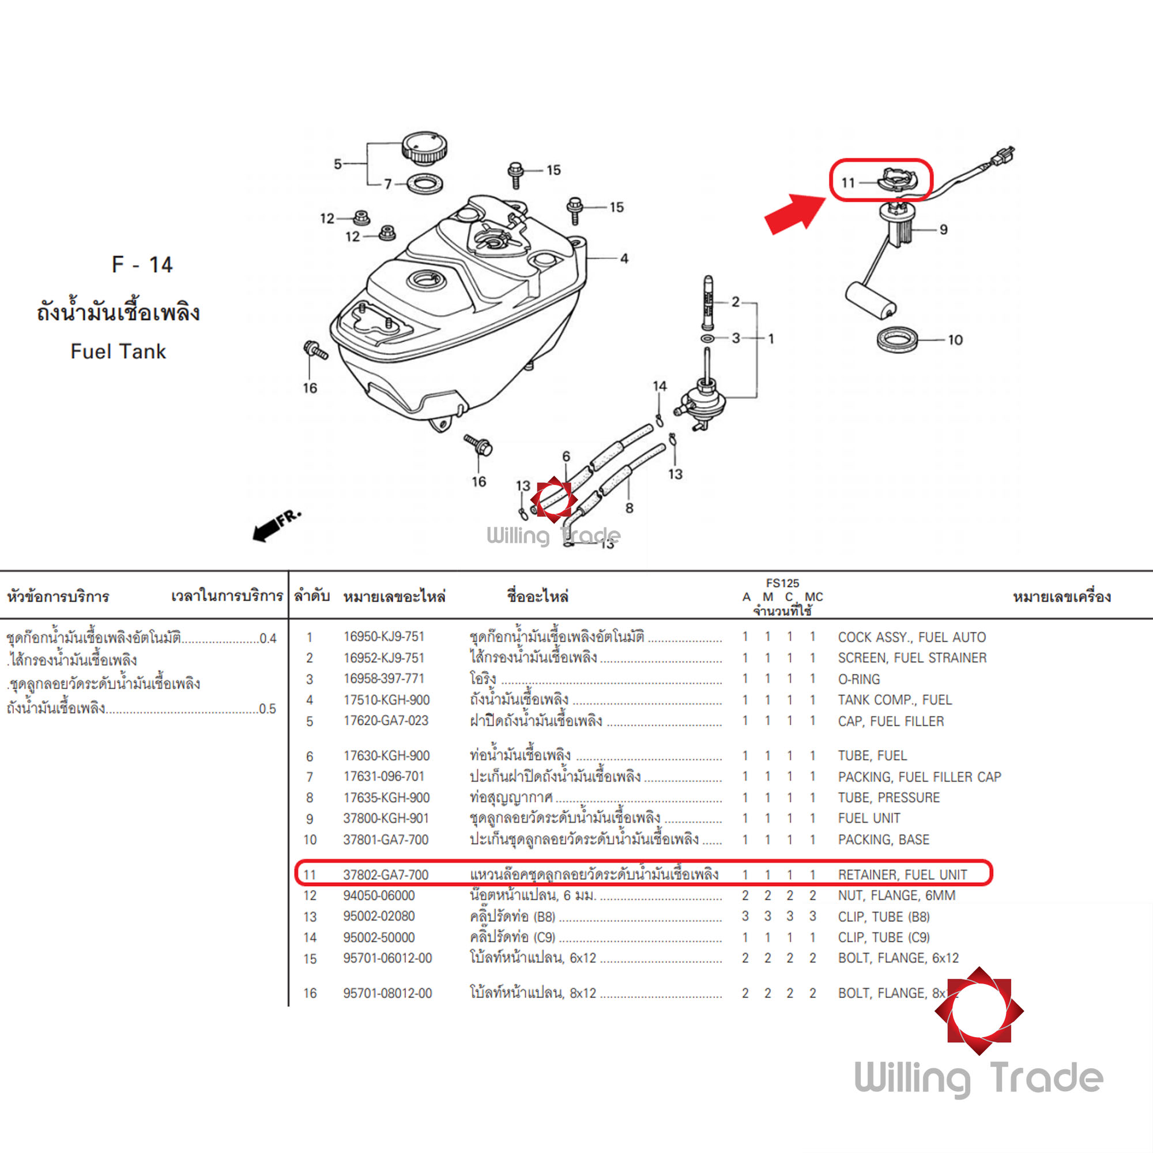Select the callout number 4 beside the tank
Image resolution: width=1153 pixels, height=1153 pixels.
point(624,258)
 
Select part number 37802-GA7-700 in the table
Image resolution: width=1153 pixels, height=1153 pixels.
point(386,875)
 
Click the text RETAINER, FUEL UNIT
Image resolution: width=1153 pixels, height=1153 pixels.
point(902,875)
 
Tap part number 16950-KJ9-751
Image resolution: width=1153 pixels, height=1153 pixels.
point(383,637)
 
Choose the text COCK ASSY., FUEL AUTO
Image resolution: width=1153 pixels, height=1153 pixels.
point(911,638)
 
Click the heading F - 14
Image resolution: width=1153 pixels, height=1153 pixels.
point(142,265)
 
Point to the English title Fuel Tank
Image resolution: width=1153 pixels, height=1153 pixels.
point(118,352)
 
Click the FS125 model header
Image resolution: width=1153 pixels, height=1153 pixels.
point(782,583)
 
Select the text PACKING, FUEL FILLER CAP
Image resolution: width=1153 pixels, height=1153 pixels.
point(919,777)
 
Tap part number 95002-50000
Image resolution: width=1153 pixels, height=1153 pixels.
point(378,937)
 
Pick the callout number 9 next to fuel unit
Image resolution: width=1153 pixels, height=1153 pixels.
point(944,230)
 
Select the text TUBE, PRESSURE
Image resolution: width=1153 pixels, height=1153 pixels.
point(888,798)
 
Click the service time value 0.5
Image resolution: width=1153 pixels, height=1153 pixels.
point(267,709)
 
